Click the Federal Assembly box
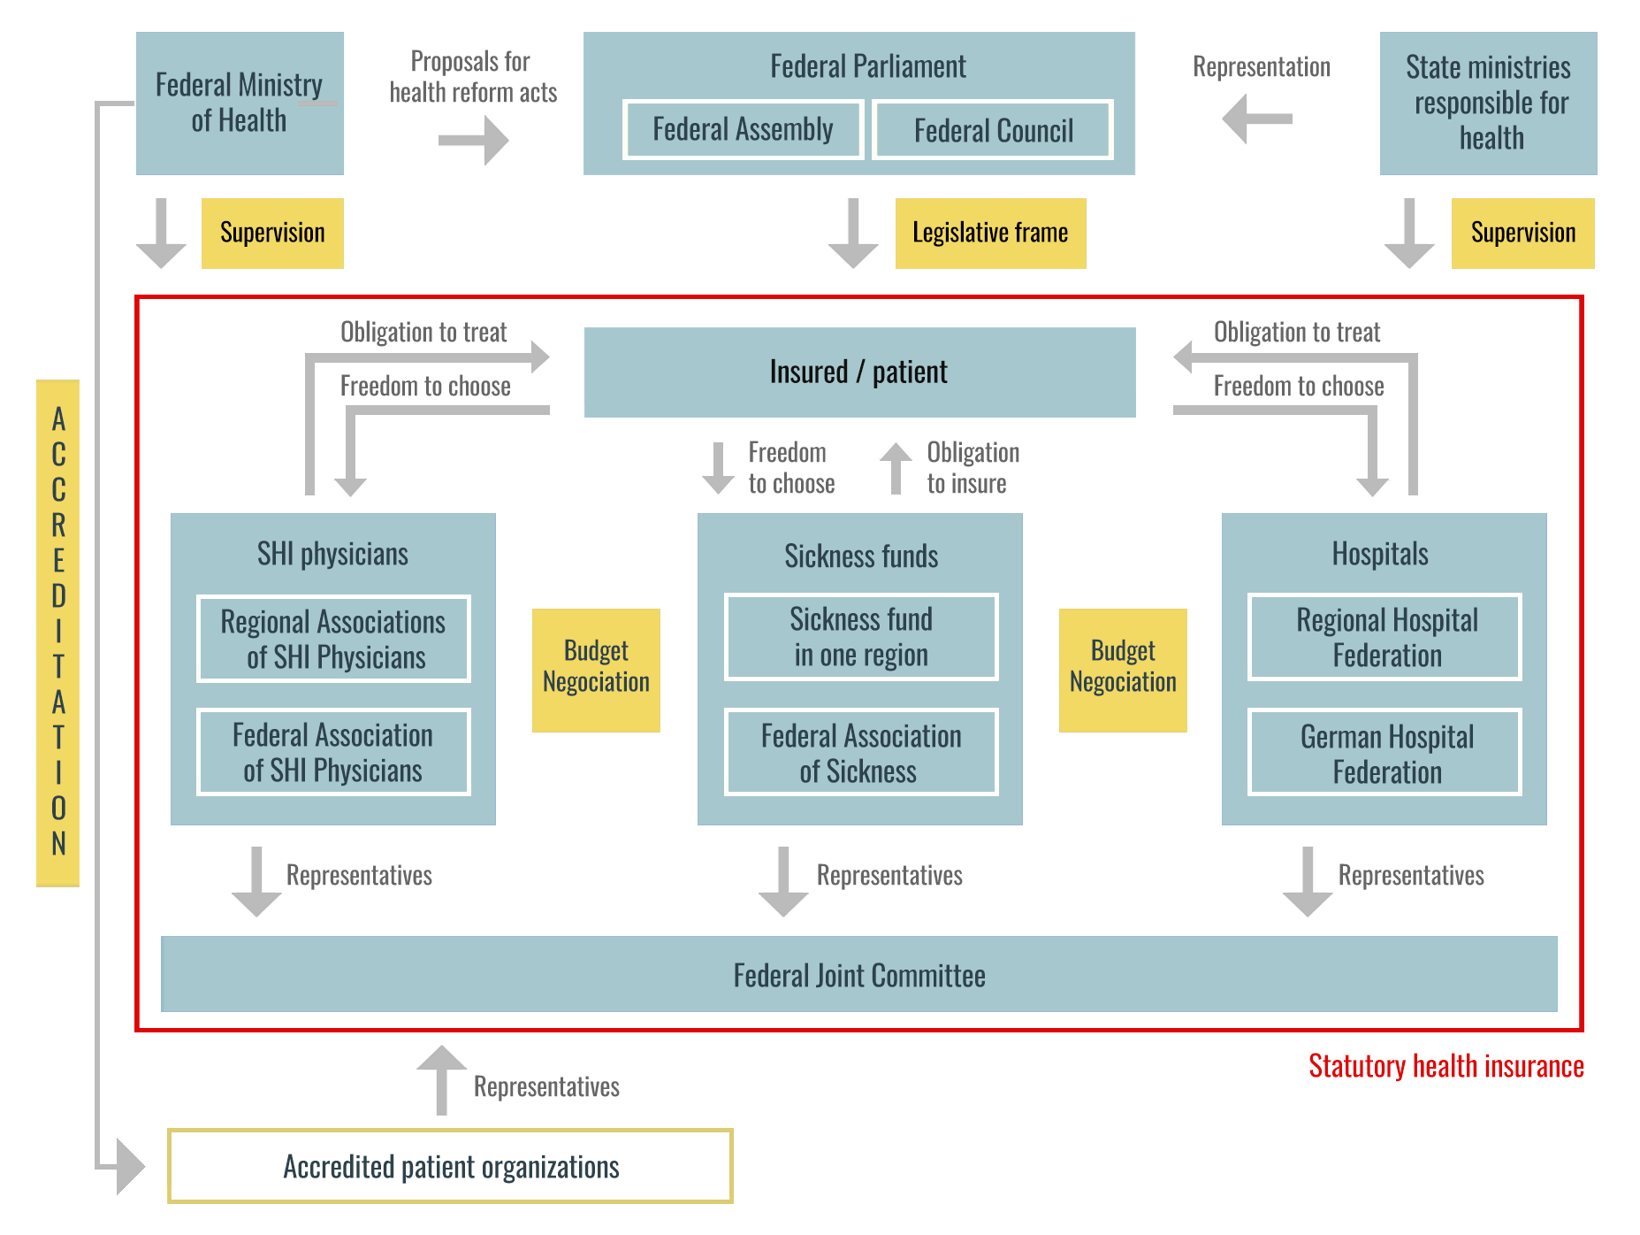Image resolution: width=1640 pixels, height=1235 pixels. [x=743, y=130]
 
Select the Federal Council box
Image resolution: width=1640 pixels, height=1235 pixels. [x=992, y=131]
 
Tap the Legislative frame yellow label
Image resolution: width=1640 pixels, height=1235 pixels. [x=990, y=233]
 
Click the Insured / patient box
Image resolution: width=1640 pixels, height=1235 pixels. [x=859, y=372]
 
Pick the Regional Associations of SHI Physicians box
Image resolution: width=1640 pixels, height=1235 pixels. [x=333, y=639]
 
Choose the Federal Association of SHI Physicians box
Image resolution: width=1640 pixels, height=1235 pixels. [x=333, y=752]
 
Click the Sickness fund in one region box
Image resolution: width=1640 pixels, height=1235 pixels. [x=861, y=637]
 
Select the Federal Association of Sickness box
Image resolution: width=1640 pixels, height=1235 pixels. [x=861, y=753]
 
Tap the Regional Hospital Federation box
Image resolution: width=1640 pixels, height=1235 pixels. [x=1384, y=637]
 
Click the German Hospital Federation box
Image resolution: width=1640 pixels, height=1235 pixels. [x=1384, y=753]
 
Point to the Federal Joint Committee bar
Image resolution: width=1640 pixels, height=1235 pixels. [x=859, y=975]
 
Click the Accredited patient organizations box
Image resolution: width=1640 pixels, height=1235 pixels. [x=451, y=1166]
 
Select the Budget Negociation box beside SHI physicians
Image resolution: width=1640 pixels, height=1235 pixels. [x=596, y=670]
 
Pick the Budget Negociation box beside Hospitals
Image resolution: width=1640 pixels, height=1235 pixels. [x=1123, y=670]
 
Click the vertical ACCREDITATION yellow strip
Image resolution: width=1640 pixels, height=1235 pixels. [x=58, y=633]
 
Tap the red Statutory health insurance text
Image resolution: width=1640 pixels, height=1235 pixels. [x=1445, y=1066]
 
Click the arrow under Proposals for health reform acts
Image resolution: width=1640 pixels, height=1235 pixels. [x=474, y=141]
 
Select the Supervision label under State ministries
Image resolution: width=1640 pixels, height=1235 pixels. [x=1522, y=233]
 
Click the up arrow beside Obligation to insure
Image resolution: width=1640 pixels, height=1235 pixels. [x=896, y=468]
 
